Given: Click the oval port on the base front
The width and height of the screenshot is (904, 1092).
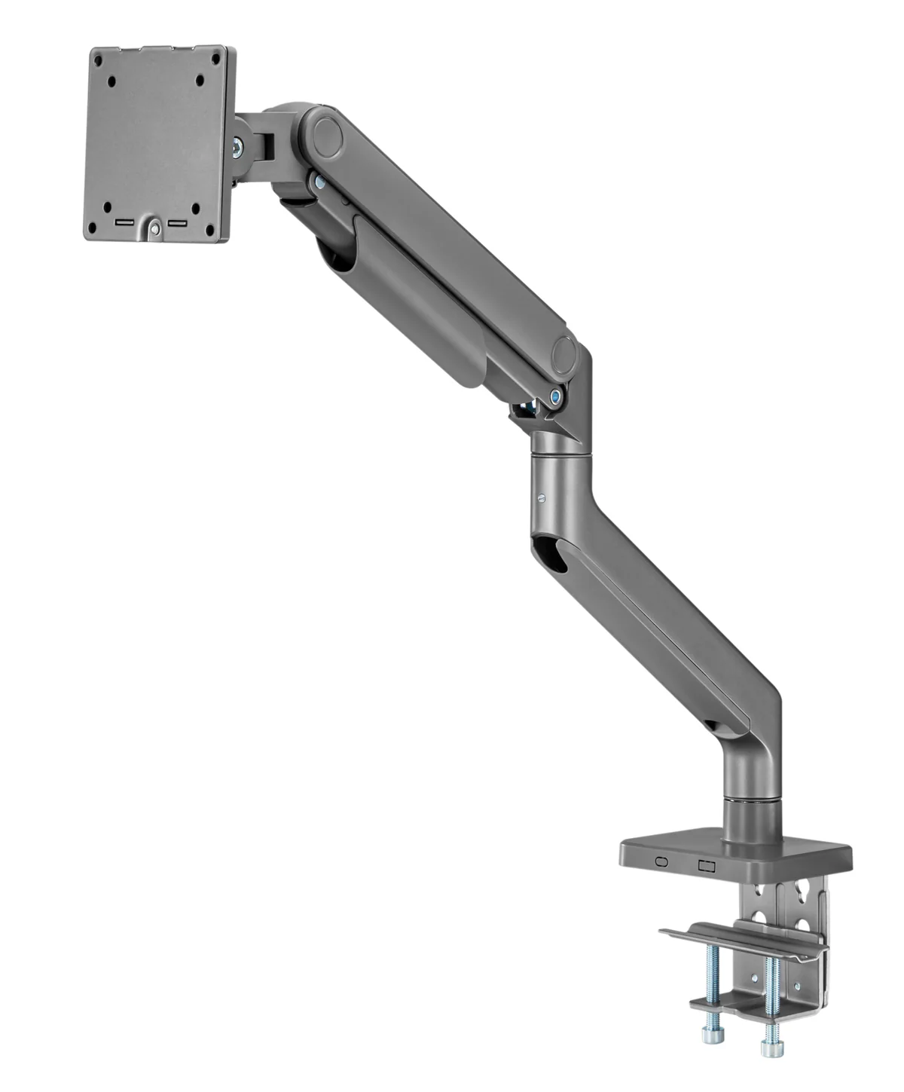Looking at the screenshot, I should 662,861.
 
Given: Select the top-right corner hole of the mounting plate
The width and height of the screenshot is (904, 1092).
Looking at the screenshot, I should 215,58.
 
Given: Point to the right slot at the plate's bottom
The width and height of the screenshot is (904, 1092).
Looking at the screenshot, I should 179,224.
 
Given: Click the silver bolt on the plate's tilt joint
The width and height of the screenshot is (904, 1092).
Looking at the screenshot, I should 238,148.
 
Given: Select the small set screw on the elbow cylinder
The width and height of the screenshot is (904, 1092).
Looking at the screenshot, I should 542,497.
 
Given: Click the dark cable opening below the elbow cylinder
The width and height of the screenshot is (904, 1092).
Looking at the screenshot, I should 550,551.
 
